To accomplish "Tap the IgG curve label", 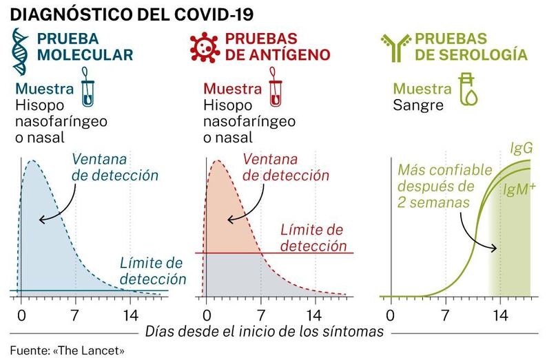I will click(520, 148).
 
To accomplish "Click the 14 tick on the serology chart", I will click(502, 317).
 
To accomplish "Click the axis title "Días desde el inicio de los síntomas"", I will click(265, 332).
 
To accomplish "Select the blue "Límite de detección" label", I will click(152, 271).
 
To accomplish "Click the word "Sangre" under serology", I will click(418, 105).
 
